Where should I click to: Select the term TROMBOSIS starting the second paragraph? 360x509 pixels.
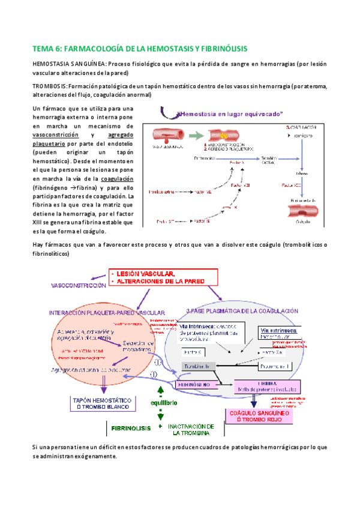[x=49, y=86]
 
